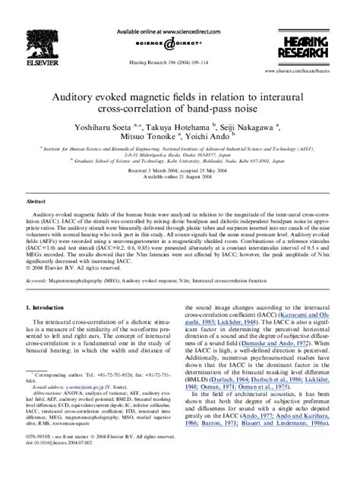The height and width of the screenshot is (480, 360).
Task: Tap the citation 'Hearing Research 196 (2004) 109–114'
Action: coord(181,59)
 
